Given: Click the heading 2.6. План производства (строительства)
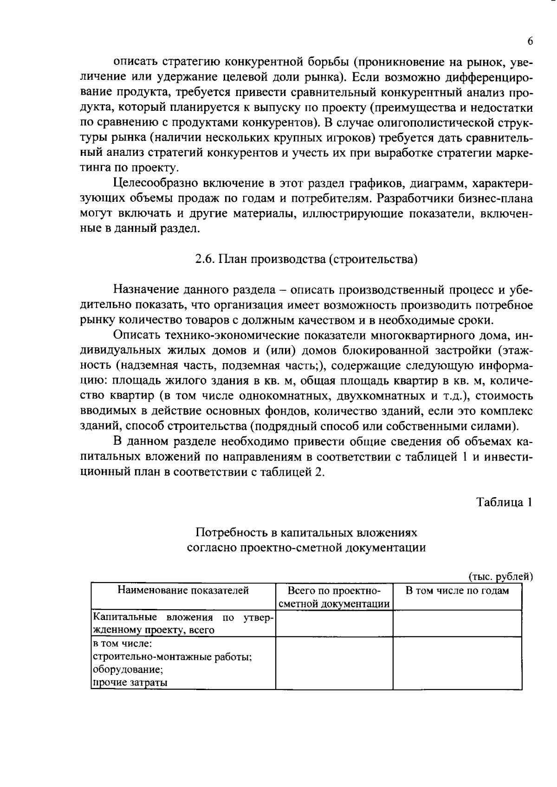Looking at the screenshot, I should (x=306, y=259).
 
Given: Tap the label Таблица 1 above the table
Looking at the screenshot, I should (x=504, y=502).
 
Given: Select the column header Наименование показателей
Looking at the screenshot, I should (x=183, y=590).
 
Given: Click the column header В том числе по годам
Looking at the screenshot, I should (x=457, y=590).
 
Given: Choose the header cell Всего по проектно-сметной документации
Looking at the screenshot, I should (x=334, y=597).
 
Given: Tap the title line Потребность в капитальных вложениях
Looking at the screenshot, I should (x=306, y=532).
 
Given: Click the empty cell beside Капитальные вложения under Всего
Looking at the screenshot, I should (x=334, y=623).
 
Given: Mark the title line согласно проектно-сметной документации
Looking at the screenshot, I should (x=306, y=547).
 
